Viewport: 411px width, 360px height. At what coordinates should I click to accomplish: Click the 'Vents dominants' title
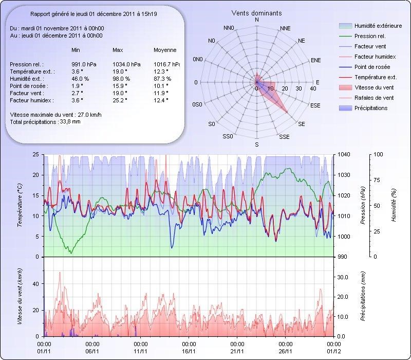[256, 13]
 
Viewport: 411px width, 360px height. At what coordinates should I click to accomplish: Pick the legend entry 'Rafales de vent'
[373, 98]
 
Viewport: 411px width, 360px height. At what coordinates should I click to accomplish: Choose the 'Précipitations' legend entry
[370, 108]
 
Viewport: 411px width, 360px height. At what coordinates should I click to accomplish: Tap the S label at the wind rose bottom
[257, 145]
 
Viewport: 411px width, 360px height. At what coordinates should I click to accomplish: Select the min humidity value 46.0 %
[80, 79]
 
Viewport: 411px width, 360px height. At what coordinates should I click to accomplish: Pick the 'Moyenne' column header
[165, 50]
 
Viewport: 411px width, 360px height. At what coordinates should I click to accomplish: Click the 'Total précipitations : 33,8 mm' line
[45, 122]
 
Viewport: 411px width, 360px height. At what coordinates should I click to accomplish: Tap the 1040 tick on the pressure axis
[344, 154]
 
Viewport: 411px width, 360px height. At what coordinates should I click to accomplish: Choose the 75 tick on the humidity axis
[378, 180]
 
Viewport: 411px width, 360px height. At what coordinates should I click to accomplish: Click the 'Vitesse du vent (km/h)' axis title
[20, 296]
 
